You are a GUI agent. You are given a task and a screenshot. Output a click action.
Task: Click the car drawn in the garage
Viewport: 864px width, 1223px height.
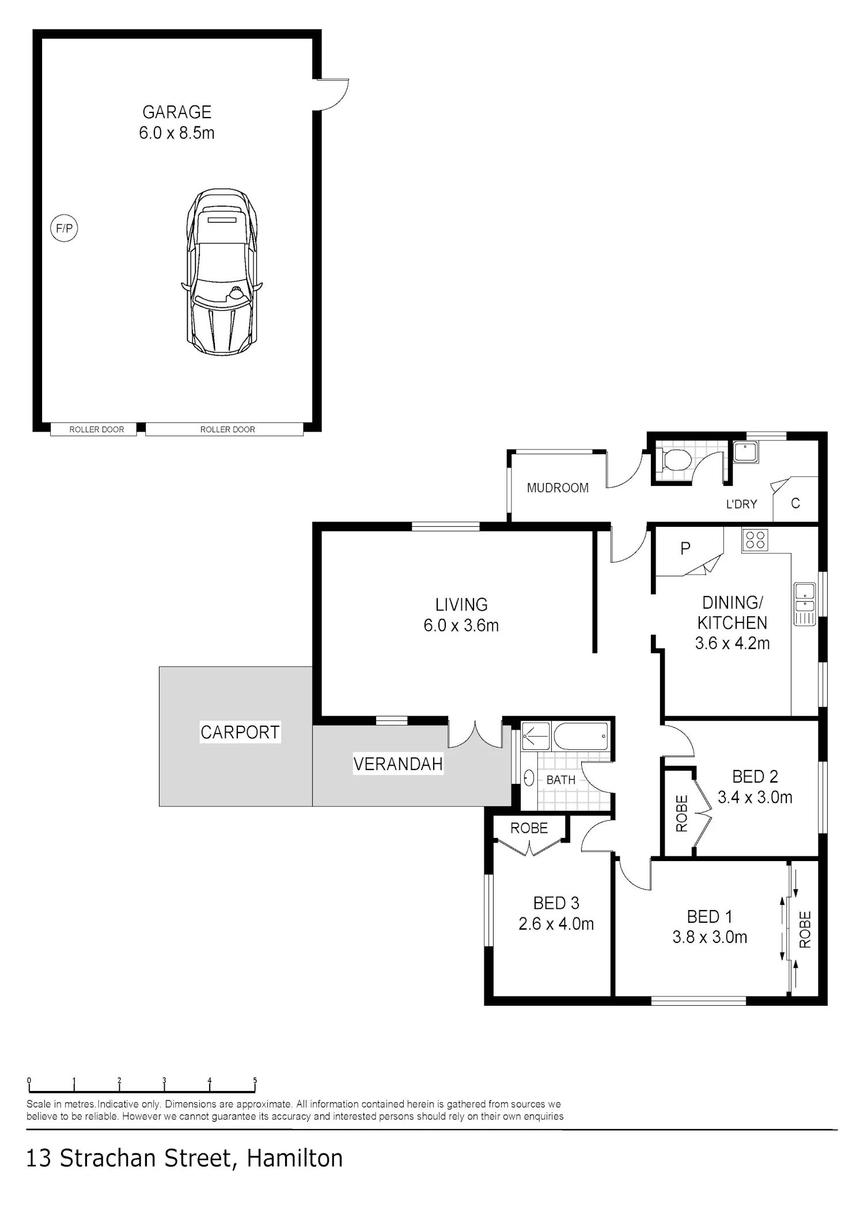222,271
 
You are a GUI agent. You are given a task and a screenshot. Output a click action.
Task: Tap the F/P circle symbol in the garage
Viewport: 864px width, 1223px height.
64,228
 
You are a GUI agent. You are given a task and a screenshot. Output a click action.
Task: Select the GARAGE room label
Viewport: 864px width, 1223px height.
177,112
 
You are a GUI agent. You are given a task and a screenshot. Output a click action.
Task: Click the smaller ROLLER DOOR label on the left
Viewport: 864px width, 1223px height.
97,429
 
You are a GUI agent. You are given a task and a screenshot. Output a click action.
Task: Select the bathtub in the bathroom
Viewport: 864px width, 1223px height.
581,736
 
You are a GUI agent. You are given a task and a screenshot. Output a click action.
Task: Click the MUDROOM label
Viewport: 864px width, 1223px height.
558,488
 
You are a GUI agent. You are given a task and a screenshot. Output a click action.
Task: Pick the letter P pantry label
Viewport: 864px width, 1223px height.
685,548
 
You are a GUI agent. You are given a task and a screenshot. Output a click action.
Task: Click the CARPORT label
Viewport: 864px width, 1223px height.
240,732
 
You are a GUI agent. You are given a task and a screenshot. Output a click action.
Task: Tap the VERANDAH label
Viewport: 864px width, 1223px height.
398,764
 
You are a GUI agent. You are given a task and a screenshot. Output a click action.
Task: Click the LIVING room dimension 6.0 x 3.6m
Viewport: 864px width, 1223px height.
461,625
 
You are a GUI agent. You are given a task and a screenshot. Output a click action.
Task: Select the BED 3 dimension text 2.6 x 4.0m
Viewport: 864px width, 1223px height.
556,924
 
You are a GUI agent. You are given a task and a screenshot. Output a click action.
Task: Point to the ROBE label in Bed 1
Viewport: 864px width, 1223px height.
805,929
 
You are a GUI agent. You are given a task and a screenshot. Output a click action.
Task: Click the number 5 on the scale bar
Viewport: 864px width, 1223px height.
255,1081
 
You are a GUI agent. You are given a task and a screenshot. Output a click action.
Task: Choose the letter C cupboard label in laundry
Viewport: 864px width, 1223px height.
795,503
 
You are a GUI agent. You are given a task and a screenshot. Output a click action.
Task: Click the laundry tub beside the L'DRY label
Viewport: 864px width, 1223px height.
746,452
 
